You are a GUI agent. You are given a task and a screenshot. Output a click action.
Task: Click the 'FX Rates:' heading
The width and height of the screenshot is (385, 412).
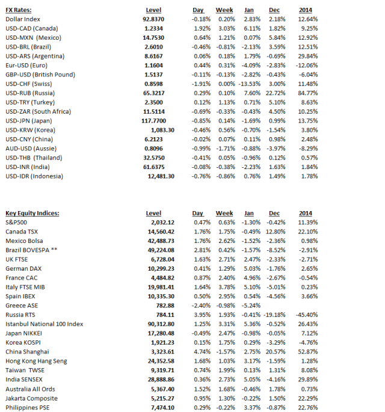[19, 10]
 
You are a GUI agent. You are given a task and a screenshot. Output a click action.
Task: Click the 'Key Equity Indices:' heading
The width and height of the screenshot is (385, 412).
[32, 214]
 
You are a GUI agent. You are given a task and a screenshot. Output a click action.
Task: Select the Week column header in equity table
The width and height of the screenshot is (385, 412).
[224, 214]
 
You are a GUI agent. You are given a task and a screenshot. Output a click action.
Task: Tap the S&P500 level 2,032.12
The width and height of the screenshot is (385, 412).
[161, 223]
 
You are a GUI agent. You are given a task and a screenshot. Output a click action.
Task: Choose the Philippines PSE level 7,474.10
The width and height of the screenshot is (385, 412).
[161, 407]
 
